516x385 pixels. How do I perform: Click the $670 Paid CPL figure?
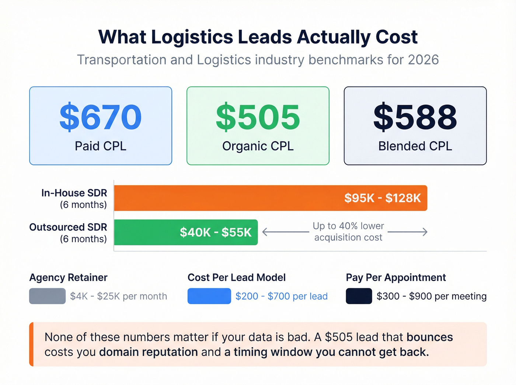(x=100, y=118)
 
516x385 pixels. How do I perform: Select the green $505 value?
(x=258, y=118)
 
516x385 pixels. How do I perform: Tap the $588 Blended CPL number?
(x=415, y=118)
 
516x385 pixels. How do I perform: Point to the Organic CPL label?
(x=258, y=146)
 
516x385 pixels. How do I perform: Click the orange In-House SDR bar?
(x=229, y=198)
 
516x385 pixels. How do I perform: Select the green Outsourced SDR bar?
(x=147, y=232)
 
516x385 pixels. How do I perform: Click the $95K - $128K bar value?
(x=382, y=198)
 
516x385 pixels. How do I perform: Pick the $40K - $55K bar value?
(x=216, y=232)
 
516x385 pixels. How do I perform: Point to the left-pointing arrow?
(x=285, y=232)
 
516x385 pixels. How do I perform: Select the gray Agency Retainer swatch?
(x=47, y=296)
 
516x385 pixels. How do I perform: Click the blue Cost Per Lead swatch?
(x=209, y=296)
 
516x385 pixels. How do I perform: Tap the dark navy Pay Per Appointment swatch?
(x=359, y=296)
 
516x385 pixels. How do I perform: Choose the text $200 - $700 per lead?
(x=281, y=296)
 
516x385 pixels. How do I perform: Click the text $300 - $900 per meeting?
(x=431, y=296)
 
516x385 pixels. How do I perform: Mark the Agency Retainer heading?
(x=68, y=277)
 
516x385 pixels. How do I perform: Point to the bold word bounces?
(x=429, y=337)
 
